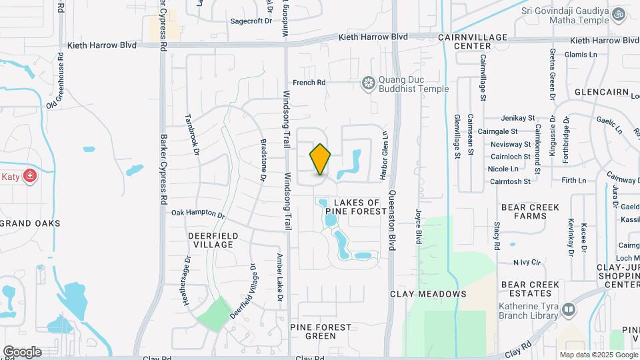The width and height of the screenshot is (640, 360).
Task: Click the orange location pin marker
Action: coord(320,159)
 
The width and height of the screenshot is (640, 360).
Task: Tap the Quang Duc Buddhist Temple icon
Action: coord(367,83)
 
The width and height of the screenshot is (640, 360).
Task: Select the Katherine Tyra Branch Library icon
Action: coord(568,309)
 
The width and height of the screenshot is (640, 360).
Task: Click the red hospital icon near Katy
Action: coord(29,176)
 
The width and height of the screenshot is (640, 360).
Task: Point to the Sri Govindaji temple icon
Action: coord(619,13)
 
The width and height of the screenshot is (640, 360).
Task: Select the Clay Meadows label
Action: coord(428,294)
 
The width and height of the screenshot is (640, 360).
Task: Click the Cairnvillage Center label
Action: coord(473,42)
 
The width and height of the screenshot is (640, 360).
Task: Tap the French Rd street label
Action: coord(309,83)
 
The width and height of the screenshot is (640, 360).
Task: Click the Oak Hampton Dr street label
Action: coord(198,214)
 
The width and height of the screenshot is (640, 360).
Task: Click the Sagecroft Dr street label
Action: coord(251,21)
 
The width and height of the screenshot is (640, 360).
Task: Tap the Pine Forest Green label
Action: coord(321,331)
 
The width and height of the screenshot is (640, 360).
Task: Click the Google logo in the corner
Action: coord(22,352)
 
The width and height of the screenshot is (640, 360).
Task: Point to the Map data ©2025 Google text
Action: coord(597,355)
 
